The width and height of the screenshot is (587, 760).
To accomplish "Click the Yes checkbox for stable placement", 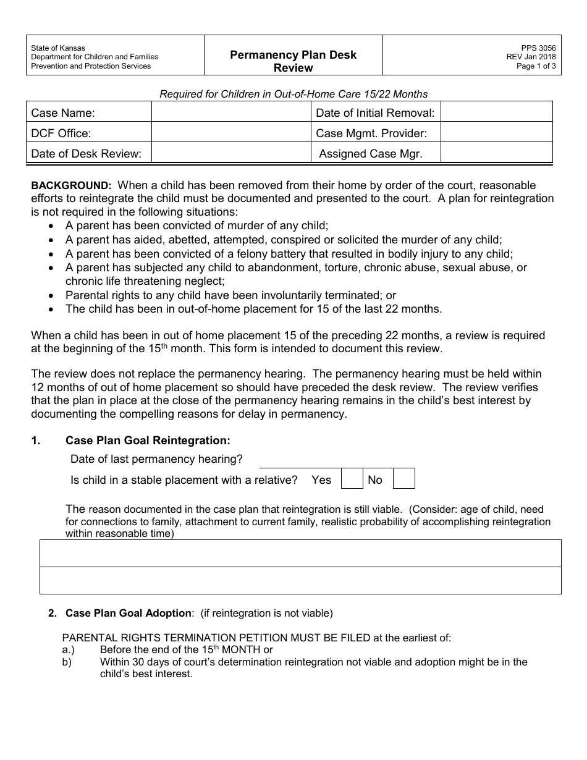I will pyautogui.click(x=352, y=479).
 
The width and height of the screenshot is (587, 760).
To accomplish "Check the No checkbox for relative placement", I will pyautogui.click(x=403, y=479).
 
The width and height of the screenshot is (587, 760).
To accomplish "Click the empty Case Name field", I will pyautogui.click(x=230, y=112).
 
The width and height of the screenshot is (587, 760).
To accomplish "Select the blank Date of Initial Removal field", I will pyautogui.click(x=497, y=112).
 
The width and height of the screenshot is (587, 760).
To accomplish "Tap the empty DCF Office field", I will pyautogui.click(x=230, y=133).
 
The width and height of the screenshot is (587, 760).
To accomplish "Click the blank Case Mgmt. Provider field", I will pyautogui.click(x=497, y=133).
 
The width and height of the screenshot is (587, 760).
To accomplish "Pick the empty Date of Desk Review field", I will pyautogui.click(x=230, y=153).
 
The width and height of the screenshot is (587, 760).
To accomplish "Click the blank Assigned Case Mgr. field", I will pyautogui.click(x=497, y=153).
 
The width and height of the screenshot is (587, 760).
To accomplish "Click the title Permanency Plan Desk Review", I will pyautogui.click(x=293, y=61).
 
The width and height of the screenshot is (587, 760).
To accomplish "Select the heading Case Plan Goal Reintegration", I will pyautogui.click(x=148, y=441).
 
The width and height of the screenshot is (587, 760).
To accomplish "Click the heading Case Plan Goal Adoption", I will pyautogui.click(x=129, y=613).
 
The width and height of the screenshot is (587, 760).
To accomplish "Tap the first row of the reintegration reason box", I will pyautogui.click(x=300, y=554).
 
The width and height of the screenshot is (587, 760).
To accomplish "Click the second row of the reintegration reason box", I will pyautogui.click(x=300, y=580).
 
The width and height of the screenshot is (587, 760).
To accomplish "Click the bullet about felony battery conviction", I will pyautogui.click(x=289, y=254).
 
